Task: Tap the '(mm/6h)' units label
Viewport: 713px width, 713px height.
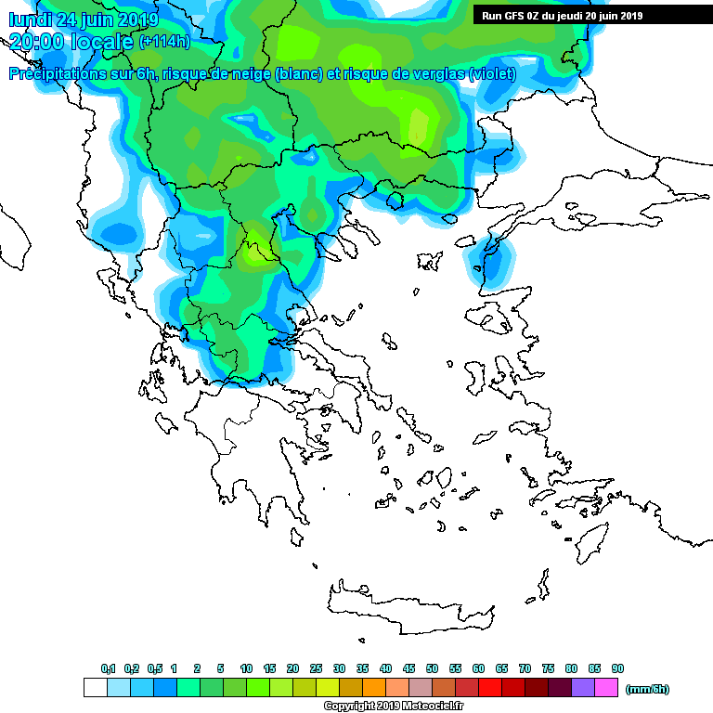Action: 647,689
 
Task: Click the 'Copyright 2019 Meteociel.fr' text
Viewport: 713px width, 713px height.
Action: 394,707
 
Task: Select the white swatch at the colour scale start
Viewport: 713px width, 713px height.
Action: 95,688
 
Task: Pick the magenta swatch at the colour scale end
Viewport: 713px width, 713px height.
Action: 605,688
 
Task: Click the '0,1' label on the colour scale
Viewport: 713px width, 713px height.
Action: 108,668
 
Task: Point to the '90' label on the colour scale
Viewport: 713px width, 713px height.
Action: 617,668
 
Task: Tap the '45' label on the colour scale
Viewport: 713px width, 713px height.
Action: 408,668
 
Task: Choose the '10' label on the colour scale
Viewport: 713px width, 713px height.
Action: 246,668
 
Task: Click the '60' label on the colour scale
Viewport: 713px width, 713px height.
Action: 478,668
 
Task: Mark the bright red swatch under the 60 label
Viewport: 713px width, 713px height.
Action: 489,688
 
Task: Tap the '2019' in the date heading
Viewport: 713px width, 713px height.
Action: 137,19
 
